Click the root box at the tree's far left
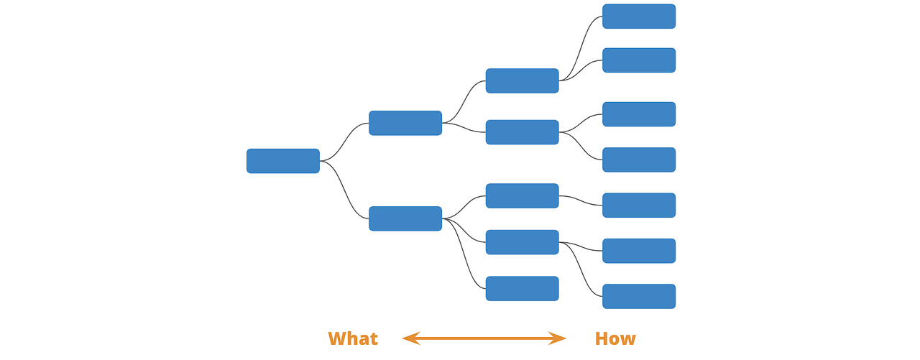(282, 161)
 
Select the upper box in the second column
(405, 123)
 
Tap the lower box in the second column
(405, 218)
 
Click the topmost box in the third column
(522, 80)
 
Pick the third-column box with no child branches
(522, 288)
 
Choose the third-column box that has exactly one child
(522, 195)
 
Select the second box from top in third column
(522, 132)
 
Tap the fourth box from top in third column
(522, 242)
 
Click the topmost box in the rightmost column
(638, 17)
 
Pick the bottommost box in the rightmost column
(638, 296)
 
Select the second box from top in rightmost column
(638, 60)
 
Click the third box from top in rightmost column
(638, 114)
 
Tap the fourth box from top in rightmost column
(638, 160)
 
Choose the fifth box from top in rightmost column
(638, 205)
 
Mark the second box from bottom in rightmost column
(638, 251)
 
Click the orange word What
(352, 338)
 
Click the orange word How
(615, 338)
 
